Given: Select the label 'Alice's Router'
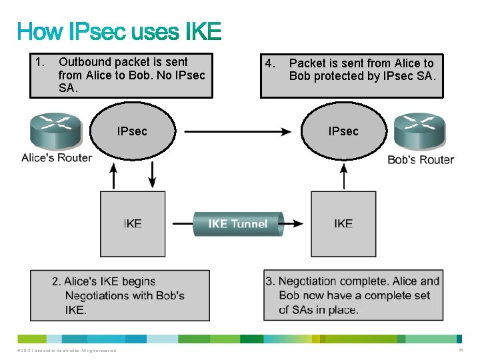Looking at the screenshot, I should coord(56,158).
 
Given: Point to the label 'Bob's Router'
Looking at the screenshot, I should coord(421,160).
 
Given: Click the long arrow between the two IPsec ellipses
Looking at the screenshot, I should coord(237,131).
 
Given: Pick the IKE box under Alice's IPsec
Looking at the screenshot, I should coord(133,223).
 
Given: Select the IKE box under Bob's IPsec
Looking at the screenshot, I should coord(343,223).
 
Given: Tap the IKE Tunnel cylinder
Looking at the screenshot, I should coord(237,224).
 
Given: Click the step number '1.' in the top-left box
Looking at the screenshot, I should coord(39,63).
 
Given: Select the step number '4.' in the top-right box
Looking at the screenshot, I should coord(269,64).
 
